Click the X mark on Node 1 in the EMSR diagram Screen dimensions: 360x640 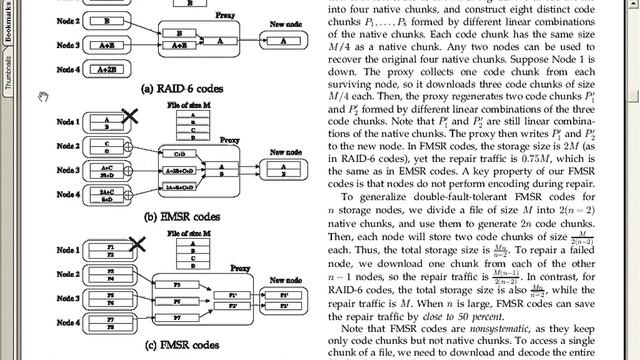pos(128,118)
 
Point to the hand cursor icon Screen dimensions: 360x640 pos(42,95)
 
